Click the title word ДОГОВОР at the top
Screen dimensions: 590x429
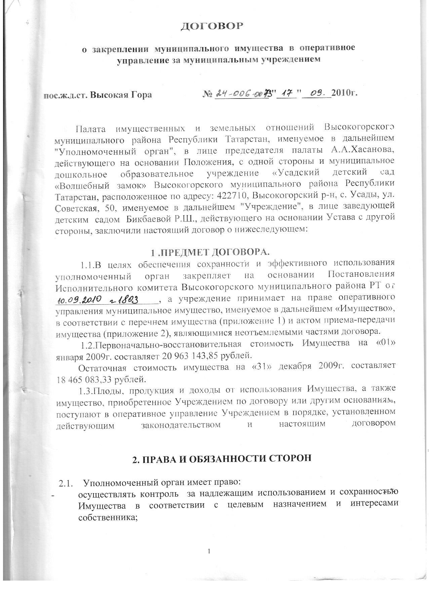[x=211, y=26]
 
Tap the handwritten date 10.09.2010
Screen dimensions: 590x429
[x=79, y=299]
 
